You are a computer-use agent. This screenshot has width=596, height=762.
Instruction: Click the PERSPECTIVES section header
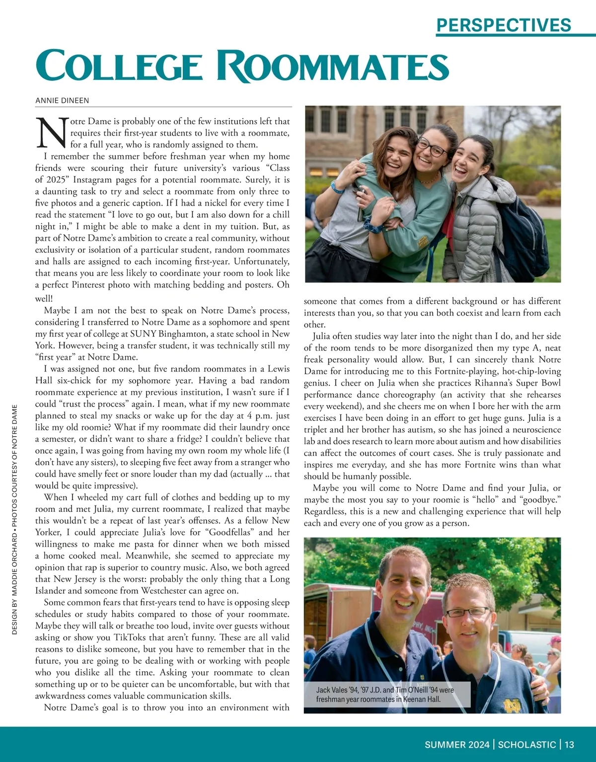click(504, 25)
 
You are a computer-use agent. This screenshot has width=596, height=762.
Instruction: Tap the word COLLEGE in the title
click(119, 66)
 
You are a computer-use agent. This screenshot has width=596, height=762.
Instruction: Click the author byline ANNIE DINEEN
click(62, 101)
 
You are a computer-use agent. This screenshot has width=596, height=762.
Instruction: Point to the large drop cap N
click(52, 133)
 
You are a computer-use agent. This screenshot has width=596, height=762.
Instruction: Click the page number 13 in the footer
click(569, 745)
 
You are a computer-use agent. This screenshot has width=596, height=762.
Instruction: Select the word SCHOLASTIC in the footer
click(526, 745)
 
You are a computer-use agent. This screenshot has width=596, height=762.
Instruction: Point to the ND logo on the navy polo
click(512, 705)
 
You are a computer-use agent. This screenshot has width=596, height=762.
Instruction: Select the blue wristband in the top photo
click(338, 188)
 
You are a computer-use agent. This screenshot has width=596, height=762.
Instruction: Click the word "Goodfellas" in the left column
click(229, 532)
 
